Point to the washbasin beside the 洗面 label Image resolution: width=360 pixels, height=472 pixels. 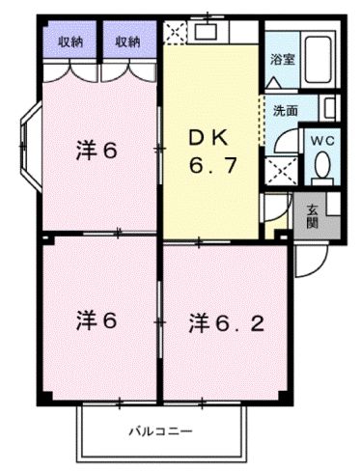click(327, 107)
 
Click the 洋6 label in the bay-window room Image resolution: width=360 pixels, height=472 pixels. click(96, 150)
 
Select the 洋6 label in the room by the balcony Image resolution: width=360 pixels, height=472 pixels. click(96, 320)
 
